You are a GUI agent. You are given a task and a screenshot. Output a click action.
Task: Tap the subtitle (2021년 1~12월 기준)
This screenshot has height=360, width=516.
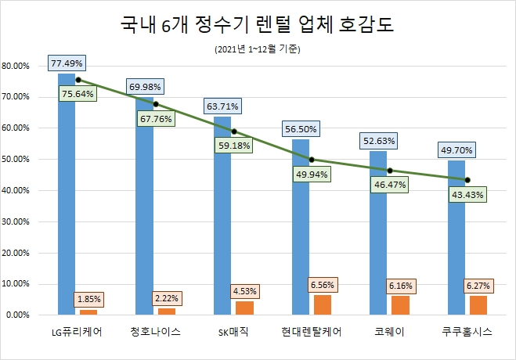pos(258,49)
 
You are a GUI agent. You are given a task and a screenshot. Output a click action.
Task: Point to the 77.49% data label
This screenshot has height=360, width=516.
pos(67,63)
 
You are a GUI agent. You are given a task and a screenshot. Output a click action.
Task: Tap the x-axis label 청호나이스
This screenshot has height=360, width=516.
pos(156,333)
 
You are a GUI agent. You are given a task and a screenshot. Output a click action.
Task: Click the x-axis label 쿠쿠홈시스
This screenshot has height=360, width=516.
pos(467,333)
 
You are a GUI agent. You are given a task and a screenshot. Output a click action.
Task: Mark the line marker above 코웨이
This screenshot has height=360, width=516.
pos(389,170)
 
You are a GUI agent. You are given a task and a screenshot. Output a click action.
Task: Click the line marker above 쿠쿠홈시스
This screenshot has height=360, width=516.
pos(467,179)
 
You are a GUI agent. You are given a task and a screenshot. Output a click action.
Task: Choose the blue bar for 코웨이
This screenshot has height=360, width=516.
pos(379,235)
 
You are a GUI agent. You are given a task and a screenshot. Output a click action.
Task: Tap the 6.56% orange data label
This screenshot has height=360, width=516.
pos(327,285)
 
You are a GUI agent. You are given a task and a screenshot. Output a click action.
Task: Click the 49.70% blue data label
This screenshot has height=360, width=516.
pos(456,149)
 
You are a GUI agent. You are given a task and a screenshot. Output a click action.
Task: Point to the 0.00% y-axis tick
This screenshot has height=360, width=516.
pos(19,315)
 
